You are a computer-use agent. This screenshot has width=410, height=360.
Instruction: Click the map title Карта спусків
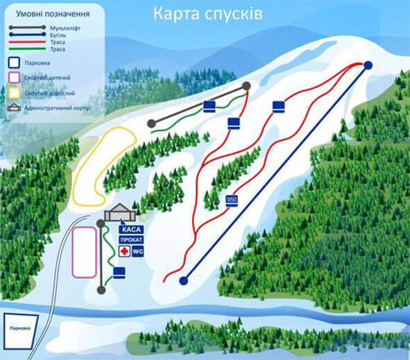[x=207, y=15]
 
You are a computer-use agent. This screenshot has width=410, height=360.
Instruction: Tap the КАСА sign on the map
[x=130, y=229]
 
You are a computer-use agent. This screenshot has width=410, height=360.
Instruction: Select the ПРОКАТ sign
[x=132, y=240]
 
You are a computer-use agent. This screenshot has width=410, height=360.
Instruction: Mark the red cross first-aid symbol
[x=125, y=250]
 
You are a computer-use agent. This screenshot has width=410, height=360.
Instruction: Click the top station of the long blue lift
[x=368, y=65]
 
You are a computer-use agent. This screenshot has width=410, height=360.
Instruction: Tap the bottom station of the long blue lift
[x=183, y=281]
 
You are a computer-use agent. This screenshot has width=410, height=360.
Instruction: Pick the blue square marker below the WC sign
[x=119, y=272]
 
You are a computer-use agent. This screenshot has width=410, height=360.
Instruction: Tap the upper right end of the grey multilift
[x=246, y=85]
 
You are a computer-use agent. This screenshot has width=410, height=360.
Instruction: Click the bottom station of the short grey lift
[x=101, y=289]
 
